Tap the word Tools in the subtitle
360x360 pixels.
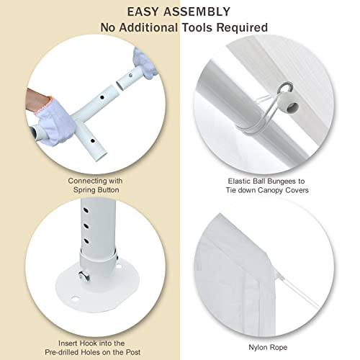pyautogui.click(x=197, y=27)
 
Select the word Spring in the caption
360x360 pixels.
pyautogui.click(x=84, y=190)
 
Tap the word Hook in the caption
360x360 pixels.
pyautogui.click(x=87, y=343)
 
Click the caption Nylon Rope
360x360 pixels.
pyautogui.click(x=268, y=348)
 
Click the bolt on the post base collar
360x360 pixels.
pyautogui.click(x=84, y=276)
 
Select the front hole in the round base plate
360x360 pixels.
pyautogui.click(x=75, y=299)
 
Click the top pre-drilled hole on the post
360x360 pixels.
pyautogui.click(x=86, y=211)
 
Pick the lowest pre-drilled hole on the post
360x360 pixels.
pyautogui.click(x=86, y=240)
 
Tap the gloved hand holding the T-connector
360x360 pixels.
pyautogui.click(x=55, y=121)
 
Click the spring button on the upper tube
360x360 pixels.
pyautogui.click(x=130, y=76)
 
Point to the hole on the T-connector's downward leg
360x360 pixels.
pyautogui.click(x=92, y=141)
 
